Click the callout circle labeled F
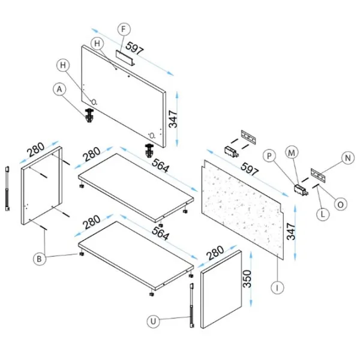(123, 29)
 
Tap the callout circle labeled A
(58, 89)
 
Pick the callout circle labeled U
(154, 322)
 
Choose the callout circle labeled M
(292, 153)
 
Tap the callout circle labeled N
(346, 158)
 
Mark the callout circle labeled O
(340, 204)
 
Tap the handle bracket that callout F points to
(127, 57)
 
